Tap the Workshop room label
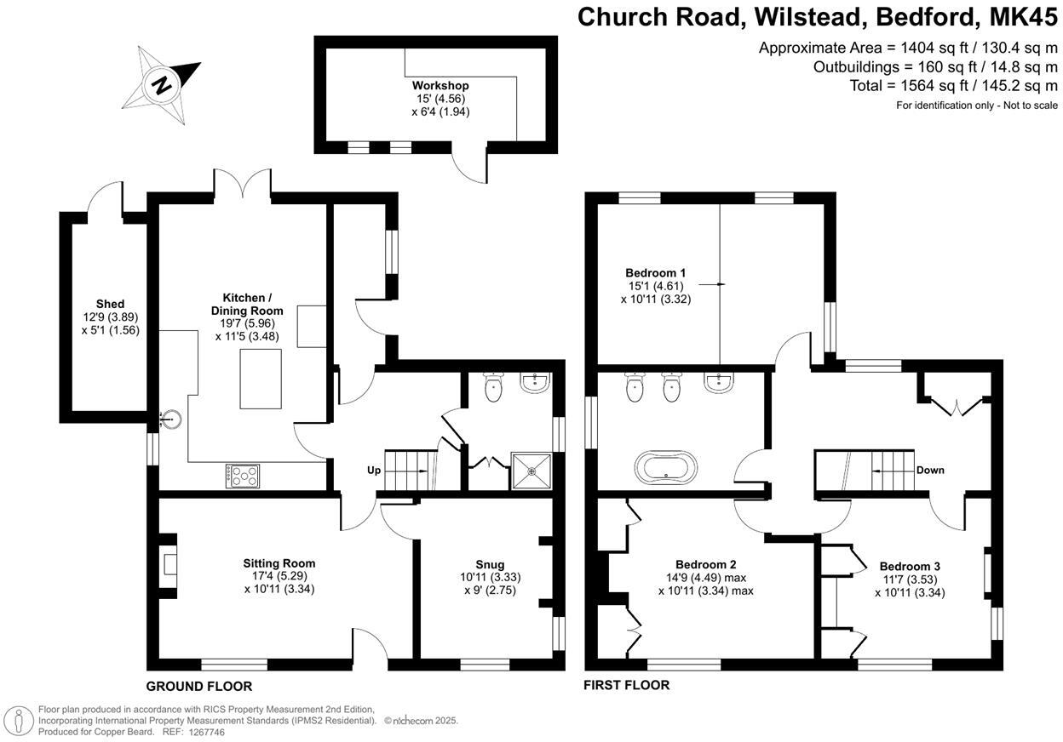click(440, 86)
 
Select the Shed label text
click(110, 304)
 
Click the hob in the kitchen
click(243, 477)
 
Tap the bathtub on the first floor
click(665, 468)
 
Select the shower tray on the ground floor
click(531, 471)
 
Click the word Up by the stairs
click(374, 470)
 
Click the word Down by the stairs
click(930, 470)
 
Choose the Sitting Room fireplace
click(170, 564)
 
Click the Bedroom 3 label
click(910, 566)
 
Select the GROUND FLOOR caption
click(199, 686)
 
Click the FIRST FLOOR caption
click(626, 685)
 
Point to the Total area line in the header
click(953, 86)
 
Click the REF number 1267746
click(207, 732)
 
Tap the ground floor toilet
click(493, 389)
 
